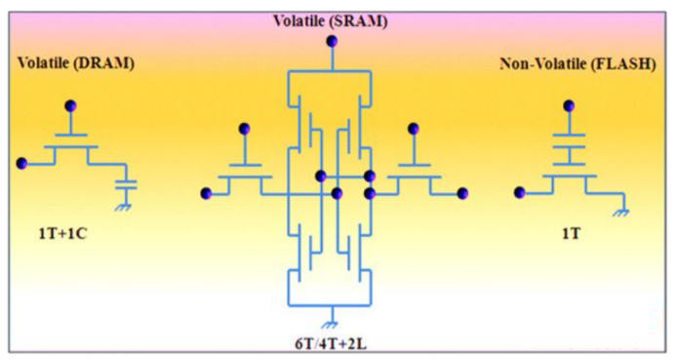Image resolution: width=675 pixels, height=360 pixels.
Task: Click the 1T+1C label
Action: point(62,233)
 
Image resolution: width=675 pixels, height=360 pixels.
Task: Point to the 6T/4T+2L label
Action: point(331,344)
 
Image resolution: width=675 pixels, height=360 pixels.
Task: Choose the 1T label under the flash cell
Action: point(571,233)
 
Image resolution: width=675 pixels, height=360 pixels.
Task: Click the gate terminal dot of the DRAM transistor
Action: point(70,105)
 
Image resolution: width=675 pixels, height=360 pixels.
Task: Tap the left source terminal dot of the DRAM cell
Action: point(21,163)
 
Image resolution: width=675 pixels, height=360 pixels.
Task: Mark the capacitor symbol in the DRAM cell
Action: point(126,184)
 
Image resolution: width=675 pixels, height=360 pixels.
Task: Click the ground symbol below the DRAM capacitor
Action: point(125,207)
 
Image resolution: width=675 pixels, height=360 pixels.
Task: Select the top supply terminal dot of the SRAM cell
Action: point(332,41)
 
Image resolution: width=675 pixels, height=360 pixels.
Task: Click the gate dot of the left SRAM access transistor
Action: point(245,129)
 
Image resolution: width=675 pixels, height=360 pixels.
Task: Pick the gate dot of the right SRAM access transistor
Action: point(414,129)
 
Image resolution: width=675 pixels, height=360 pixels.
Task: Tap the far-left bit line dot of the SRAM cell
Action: point(206,193)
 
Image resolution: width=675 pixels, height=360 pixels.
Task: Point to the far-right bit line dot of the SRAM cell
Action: point(462,193)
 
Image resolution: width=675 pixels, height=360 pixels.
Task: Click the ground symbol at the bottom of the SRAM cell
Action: point(331,325)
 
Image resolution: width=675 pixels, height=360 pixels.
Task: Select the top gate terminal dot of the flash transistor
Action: point(569,105)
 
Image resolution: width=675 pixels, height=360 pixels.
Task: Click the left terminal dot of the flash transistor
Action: point(520,192)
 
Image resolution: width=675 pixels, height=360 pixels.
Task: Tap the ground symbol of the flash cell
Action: point(621,212)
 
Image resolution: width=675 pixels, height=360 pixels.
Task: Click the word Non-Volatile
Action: point(543,64)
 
